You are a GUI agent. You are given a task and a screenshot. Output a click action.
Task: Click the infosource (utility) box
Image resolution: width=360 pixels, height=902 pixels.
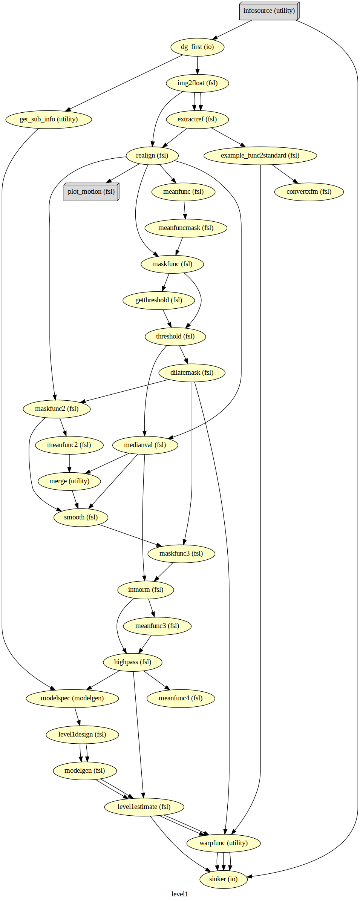(269, 11)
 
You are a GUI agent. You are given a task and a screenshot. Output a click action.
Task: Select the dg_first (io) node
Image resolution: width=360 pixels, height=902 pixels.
(197, 47)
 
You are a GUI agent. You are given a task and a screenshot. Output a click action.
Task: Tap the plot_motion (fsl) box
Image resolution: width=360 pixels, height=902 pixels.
(91, 192)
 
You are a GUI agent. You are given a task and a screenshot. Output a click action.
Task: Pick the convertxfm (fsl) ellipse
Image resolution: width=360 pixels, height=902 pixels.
(309, 192)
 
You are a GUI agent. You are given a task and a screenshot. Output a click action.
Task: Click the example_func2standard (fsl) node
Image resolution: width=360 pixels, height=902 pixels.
(260, 156)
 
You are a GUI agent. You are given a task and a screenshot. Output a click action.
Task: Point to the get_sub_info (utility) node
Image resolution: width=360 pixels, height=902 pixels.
(49, 119)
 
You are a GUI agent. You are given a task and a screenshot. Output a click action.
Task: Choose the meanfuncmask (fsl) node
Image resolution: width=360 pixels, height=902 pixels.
(186, 228)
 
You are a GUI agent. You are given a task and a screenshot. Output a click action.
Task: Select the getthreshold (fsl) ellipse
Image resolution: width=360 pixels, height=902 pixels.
(159, 300)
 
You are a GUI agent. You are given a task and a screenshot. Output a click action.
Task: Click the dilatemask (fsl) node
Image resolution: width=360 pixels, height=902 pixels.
(192, 373)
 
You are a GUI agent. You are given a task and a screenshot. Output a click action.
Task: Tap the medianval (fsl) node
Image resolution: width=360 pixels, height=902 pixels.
(145, 445)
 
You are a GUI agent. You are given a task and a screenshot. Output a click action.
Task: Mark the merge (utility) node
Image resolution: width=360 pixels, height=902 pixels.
(69, 481)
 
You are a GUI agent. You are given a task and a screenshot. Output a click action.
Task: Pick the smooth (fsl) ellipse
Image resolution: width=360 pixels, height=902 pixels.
(81, 518)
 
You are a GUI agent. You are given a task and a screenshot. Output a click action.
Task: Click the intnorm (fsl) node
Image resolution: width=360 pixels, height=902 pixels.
(146, 590)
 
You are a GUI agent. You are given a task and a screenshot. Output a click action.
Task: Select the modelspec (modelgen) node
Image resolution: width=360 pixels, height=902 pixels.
(72, 698)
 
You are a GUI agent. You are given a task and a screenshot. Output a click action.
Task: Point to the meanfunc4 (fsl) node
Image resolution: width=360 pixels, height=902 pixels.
(181, 698)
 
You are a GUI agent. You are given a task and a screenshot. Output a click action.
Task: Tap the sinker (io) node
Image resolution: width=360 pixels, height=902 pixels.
(223, 879)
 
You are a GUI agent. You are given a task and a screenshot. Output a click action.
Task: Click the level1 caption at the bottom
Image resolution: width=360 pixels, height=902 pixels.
(180, 894)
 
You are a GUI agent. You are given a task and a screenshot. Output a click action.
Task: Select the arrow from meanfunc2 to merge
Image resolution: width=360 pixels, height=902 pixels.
(69, 463)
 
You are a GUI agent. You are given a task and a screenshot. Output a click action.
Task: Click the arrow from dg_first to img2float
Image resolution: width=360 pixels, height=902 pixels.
(197, 65)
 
